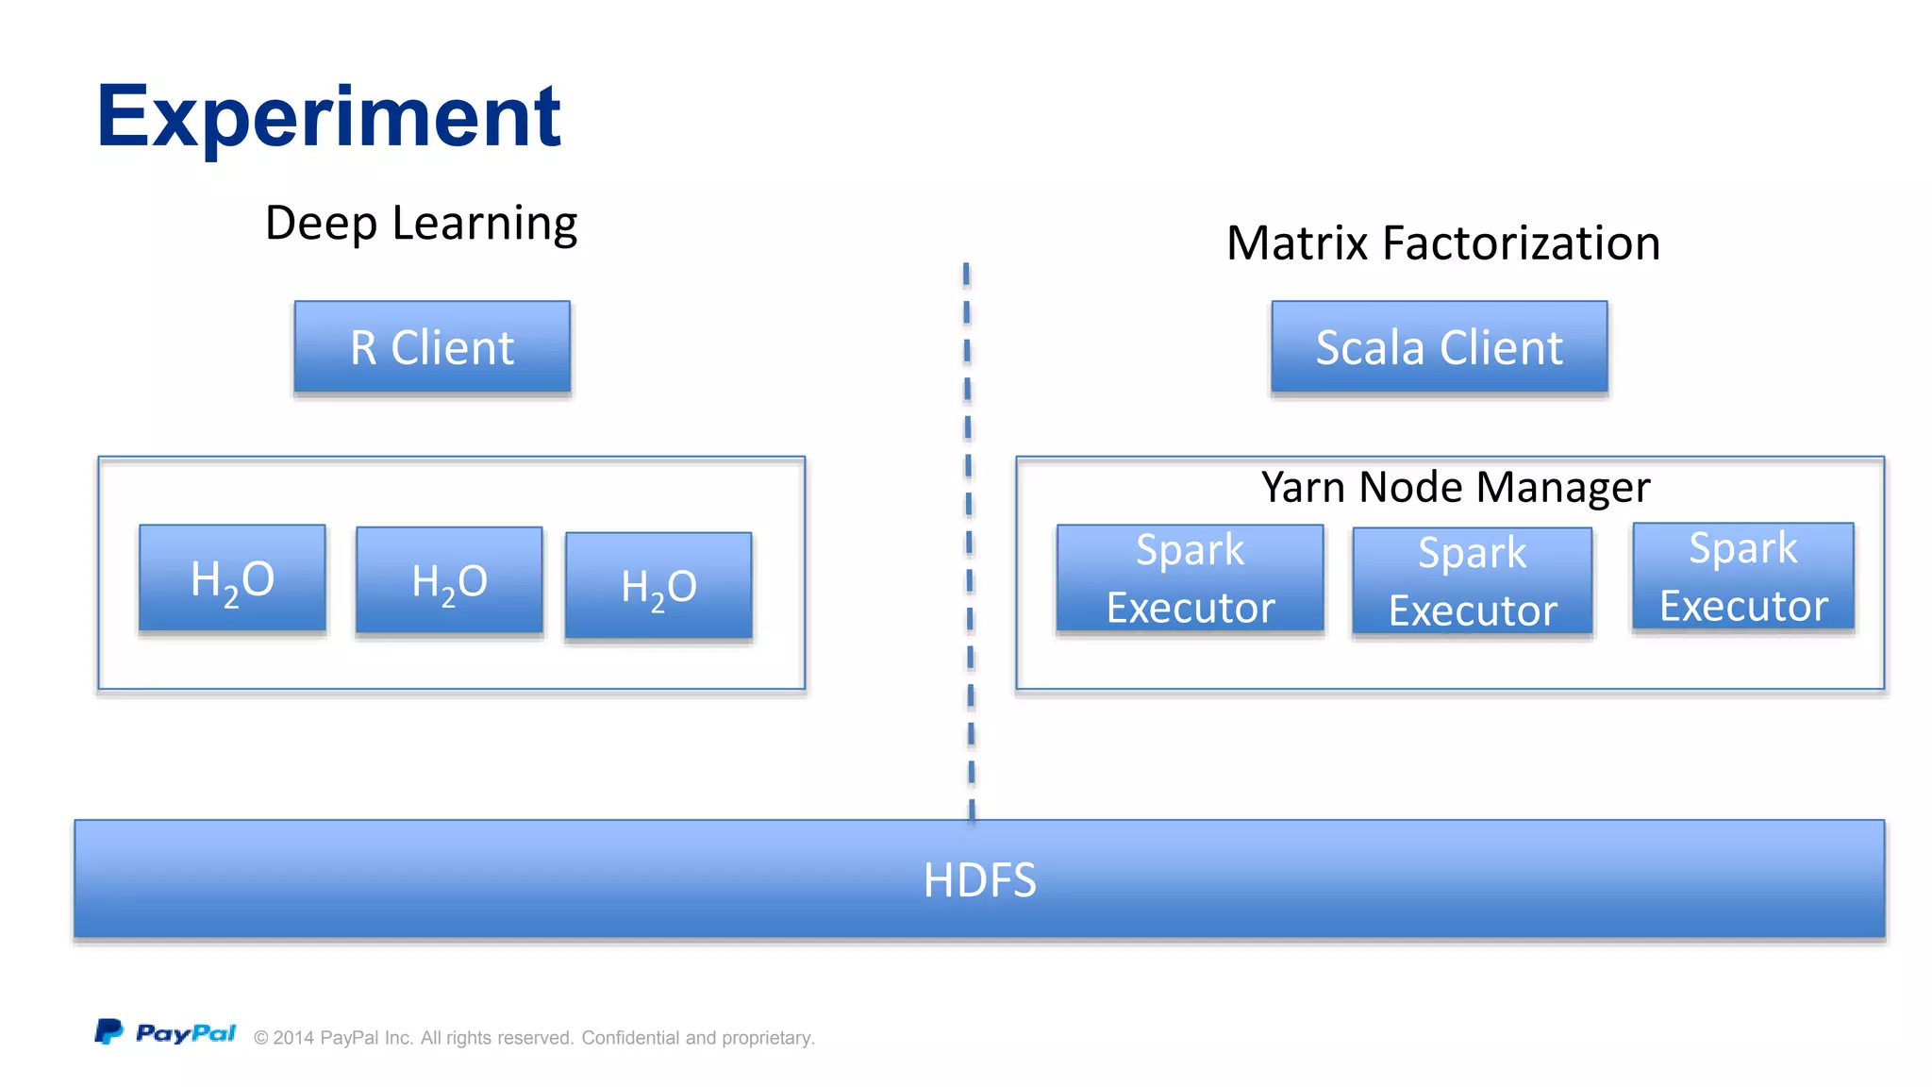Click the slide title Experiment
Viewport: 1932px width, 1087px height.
328,117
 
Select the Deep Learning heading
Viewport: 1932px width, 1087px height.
421,224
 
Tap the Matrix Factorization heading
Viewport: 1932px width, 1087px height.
1442,243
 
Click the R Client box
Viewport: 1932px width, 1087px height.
432,346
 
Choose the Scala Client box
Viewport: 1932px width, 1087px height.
1439,346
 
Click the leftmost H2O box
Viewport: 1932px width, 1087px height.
232,577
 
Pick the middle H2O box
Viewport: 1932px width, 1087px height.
449,580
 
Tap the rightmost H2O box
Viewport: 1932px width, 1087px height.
658,586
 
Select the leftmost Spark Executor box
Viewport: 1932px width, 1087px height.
1190,577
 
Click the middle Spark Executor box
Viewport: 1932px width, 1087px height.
1472,580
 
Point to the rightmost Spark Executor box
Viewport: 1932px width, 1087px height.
1742,576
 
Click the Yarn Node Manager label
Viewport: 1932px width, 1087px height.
1455,487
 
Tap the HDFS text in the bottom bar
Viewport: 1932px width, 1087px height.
979,879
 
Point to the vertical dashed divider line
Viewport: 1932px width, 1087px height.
969,543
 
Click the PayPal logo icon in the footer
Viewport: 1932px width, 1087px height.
108,1031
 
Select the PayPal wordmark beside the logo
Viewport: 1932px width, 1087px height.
186,1033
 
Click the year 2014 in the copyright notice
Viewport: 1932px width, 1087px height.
293,1038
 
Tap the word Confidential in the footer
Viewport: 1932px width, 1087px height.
630,1038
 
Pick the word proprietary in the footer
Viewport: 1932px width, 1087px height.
767,1039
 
